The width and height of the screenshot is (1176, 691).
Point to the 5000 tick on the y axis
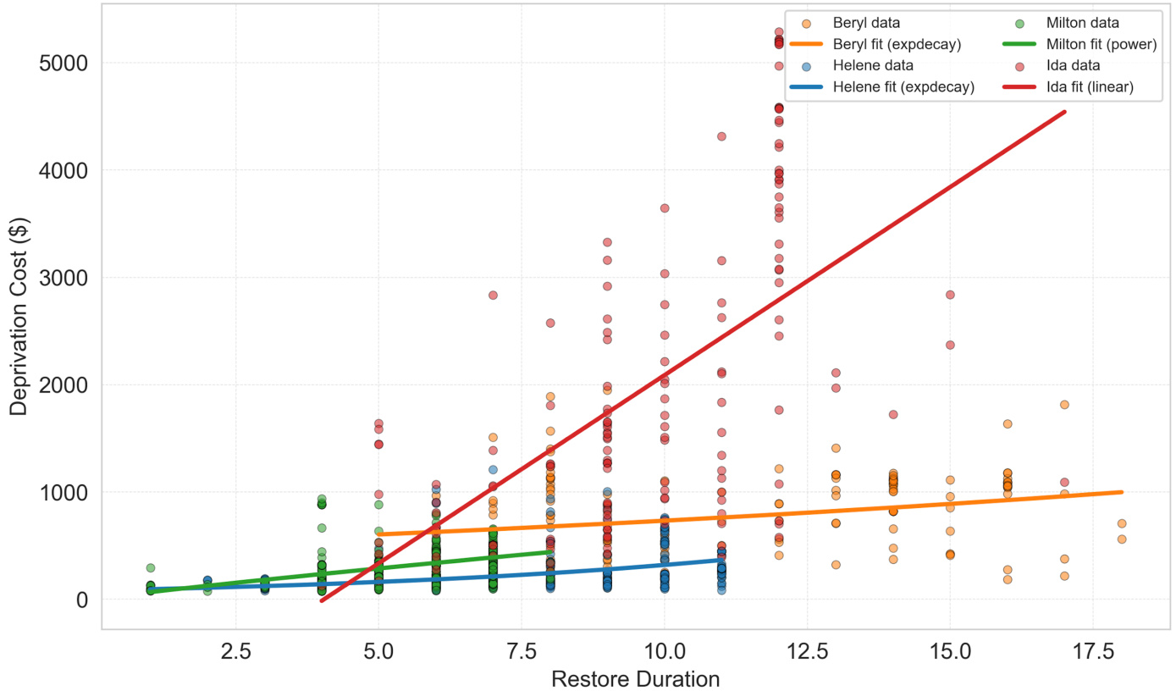pos(66,64)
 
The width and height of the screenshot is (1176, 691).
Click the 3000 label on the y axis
pos(66,278)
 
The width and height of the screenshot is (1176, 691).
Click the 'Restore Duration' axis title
pos(635,678)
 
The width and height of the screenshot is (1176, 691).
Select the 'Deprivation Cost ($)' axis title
pos(19,314)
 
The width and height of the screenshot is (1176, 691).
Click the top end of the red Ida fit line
pos(1064,112)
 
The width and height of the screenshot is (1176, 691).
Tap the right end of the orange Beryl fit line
pos(1121,492)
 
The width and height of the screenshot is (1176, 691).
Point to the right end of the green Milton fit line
pos(550,551)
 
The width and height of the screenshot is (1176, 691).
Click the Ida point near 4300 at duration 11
pos(721,136)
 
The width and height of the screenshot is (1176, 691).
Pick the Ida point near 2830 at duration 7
pos(493,296)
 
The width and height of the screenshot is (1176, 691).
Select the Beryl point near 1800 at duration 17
pos(1064,405)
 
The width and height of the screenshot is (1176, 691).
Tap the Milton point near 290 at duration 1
pos(150,568)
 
